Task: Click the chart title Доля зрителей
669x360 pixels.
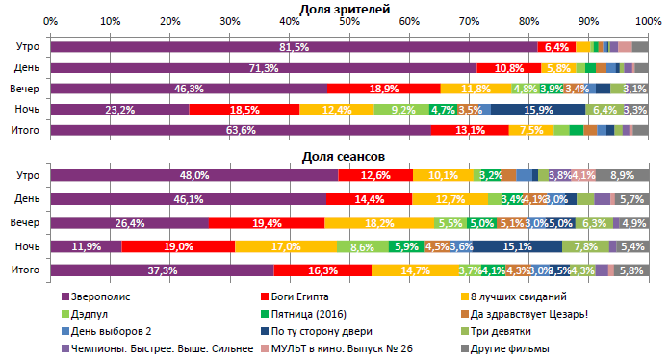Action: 344,8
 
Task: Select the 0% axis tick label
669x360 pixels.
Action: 51,20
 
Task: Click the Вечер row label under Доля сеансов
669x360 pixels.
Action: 24,222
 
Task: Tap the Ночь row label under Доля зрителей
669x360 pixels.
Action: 26,110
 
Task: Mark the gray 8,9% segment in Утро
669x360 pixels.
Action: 622,175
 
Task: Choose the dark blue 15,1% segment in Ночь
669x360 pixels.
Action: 523,246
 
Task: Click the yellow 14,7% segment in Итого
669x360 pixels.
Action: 415,270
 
